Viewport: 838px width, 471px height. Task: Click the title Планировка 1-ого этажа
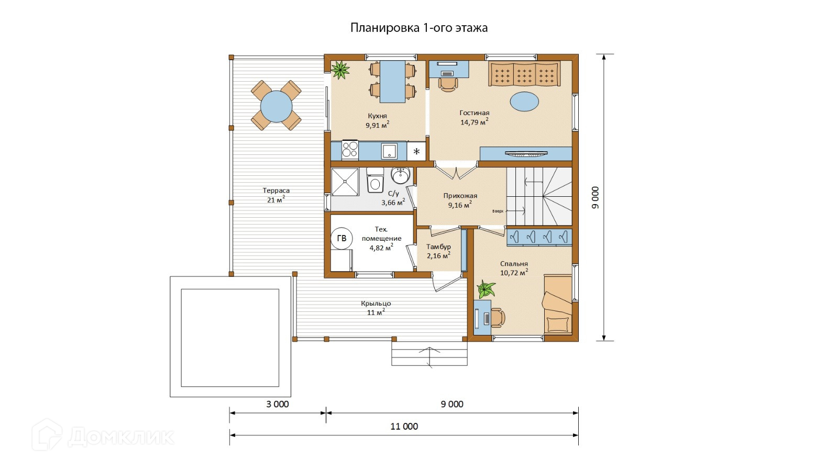418,28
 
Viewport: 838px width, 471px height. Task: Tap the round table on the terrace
276,106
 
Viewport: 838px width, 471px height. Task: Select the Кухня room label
377,116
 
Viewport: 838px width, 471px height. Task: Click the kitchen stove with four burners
350,150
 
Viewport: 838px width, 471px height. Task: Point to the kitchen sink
389,151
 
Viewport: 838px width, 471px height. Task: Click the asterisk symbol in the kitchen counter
416,151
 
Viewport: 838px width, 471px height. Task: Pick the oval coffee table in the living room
524,102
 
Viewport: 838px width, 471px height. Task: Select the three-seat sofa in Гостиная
524,74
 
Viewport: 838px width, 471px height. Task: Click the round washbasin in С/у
400,175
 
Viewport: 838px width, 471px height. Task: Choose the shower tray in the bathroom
345,182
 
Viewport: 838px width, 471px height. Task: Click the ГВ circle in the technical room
341,238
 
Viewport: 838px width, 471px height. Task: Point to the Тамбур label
438,246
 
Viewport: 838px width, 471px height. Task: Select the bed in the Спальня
557,304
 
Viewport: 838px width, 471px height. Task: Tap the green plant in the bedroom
486,289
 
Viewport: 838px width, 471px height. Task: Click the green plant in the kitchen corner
340,70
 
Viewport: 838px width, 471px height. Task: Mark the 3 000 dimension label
277,404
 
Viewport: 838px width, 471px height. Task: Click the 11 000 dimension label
404,427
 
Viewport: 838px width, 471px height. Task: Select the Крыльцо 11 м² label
376,308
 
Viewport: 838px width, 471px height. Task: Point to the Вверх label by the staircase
498,211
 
